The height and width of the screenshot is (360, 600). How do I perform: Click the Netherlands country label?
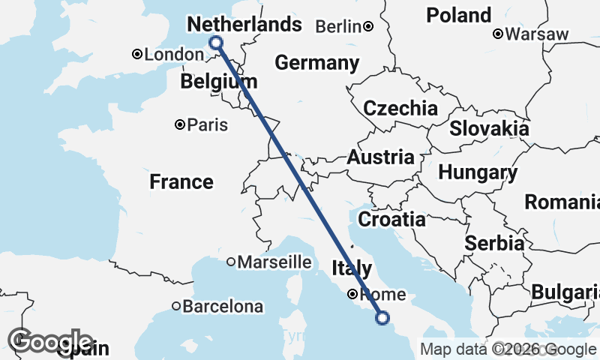[x=244, y=25]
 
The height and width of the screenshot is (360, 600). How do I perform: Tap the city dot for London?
[x=137, y=54]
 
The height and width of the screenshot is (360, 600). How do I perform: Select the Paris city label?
[x=208, y=125]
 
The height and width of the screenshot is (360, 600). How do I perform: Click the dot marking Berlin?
[x=368, y=27]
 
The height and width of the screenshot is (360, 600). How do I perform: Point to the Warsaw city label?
[x=537, y=34]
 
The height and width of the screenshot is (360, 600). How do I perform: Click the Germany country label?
[x=316, y=63]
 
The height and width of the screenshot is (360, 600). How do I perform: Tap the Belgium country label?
[x=219, y=81]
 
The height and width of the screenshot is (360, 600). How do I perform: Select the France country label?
[x=181, y=181]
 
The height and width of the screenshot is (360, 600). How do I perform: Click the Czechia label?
[x=400, y=108]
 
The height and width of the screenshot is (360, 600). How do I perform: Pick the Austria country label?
[x=380, y=157]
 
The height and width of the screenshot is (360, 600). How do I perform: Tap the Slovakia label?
[x=489, y=128]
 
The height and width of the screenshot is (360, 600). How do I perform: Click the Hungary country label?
[x=478, y=173]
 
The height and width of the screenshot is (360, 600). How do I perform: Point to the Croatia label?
[x=391, y=220]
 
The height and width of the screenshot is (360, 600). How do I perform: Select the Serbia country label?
[x=494, y=243]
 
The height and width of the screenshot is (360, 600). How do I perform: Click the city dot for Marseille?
[x=232, y=262]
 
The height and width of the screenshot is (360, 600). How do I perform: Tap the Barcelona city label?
[x=223, y=307]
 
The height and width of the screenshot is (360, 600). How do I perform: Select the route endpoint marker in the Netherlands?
[x=217, y=43]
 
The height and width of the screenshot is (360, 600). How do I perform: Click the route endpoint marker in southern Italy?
[x=382, y=318]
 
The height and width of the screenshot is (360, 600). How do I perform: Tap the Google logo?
[x=49, y=341]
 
